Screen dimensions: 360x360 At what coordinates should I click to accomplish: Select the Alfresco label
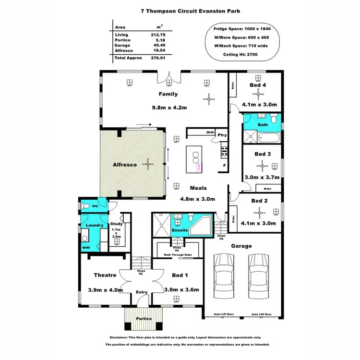point(124,165)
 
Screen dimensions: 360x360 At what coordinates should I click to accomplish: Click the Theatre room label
point(105,275)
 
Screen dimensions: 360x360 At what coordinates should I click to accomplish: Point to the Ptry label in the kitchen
point(222,135)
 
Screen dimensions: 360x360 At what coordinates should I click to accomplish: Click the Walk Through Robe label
point(178,255)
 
